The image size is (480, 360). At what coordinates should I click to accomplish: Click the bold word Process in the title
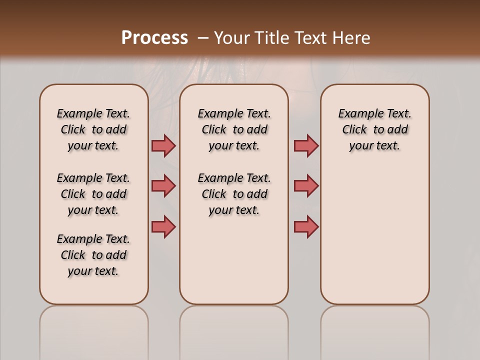(154, 38)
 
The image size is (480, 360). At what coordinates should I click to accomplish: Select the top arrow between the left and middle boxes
(163, 145)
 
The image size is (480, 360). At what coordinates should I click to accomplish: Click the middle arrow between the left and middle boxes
(163, 186)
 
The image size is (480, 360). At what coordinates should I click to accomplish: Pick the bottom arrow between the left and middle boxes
(163, 226)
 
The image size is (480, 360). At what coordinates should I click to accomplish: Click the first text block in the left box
(93, 129)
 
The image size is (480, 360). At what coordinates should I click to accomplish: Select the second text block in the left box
(93, 194)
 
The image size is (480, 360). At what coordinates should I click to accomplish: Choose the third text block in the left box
(93, 255)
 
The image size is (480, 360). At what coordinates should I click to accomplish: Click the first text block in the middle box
(234, 129)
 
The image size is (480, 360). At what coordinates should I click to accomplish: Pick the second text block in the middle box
(234, 194)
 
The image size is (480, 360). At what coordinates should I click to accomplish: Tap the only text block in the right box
(374, 129)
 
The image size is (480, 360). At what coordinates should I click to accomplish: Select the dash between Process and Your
(203, 38)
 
